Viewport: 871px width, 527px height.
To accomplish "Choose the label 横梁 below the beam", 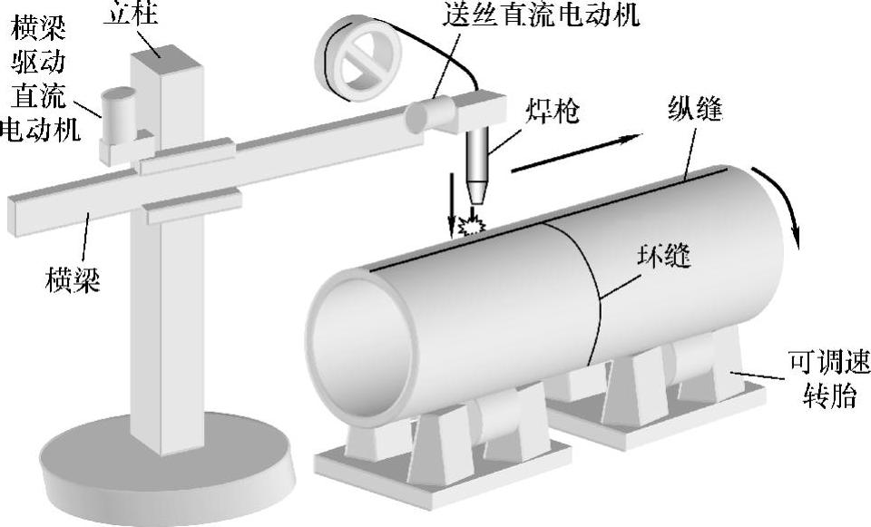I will (x=73, y=278).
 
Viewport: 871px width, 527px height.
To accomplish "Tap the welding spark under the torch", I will (x=472, y=223).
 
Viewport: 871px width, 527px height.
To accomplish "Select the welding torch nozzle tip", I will (x=476, y=193).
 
